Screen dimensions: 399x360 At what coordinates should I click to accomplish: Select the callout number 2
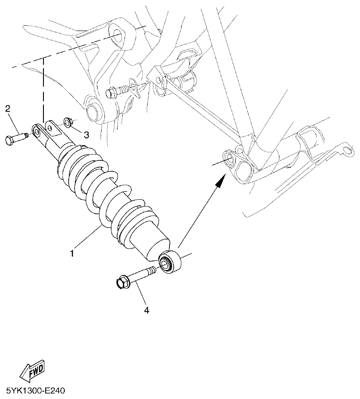(x=8, y=108)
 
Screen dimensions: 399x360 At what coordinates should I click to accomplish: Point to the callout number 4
(x=146, y=310)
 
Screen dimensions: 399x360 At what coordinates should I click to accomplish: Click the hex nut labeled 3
(x=68, y=121)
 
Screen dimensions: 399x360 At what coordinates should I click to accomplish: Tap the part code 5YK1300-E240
(x=35, y=391)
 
